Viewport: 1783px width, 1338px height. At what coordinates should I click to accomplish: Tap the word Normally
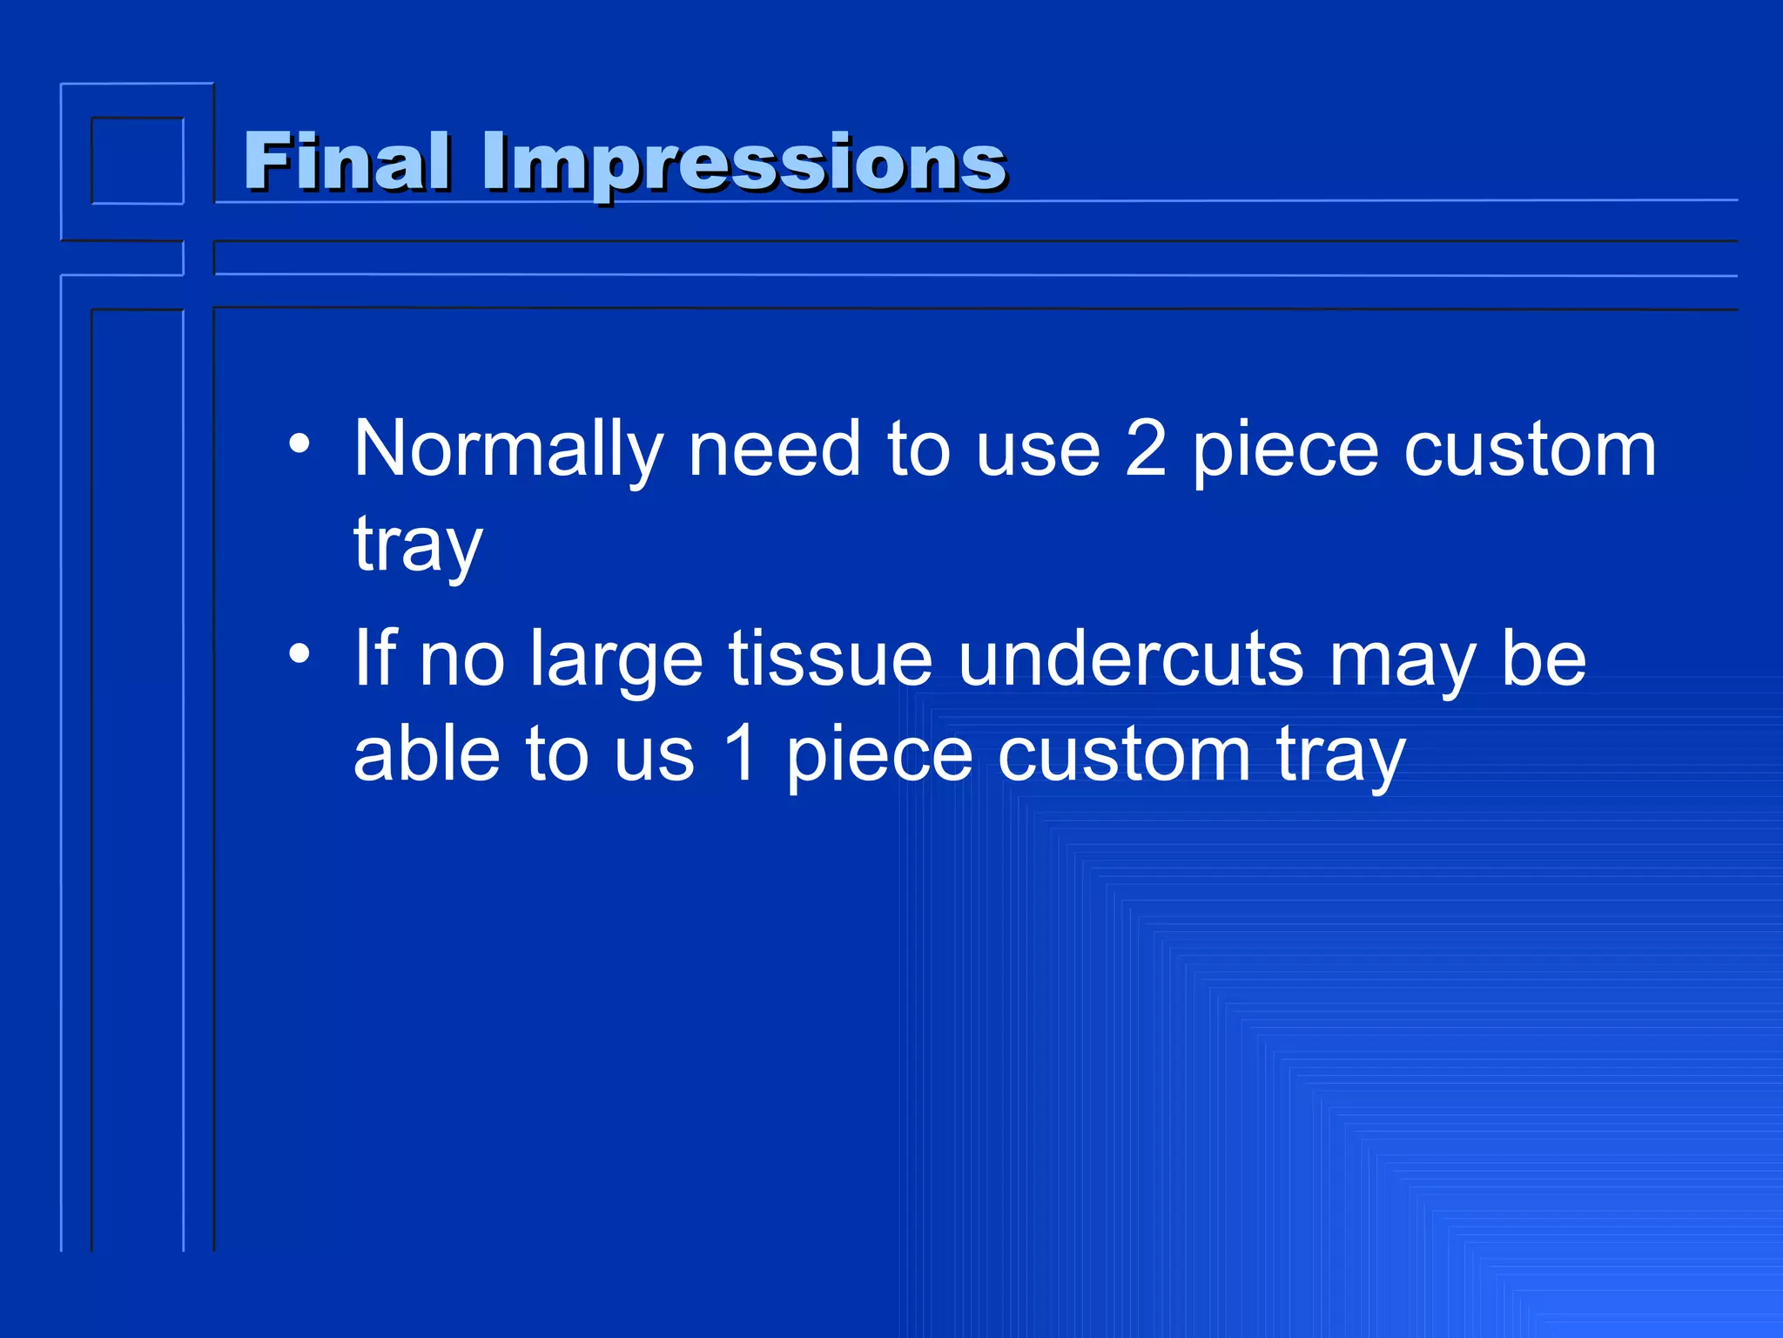[508, 450]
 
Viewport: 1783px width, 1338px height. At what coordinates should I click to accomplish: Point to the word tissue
[831, 659]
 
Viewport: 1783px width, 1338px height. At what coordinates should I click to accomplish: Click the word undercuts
[1131, 659]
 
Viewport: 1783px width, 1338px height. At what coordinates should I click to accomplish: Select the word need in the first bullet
[774, 450]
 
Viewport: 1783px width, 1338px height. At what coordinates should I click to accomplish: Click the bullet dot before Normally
[299, 444]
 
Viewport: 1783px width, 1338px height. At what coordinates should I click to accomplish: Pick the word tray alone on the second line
[417, 546]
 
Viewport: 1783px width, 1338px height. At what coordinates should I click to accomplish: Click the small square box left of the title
[138, 161]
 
